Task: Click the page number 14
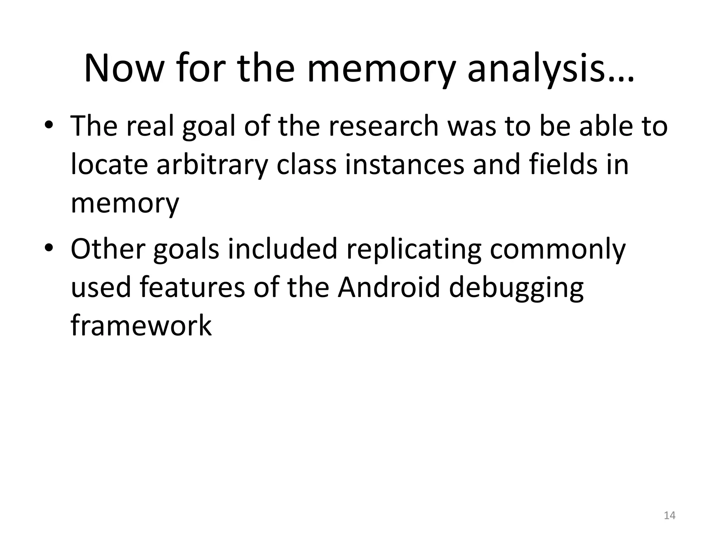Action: [x=669, y=515]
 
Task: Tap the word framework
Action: [x=141, y=326]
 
